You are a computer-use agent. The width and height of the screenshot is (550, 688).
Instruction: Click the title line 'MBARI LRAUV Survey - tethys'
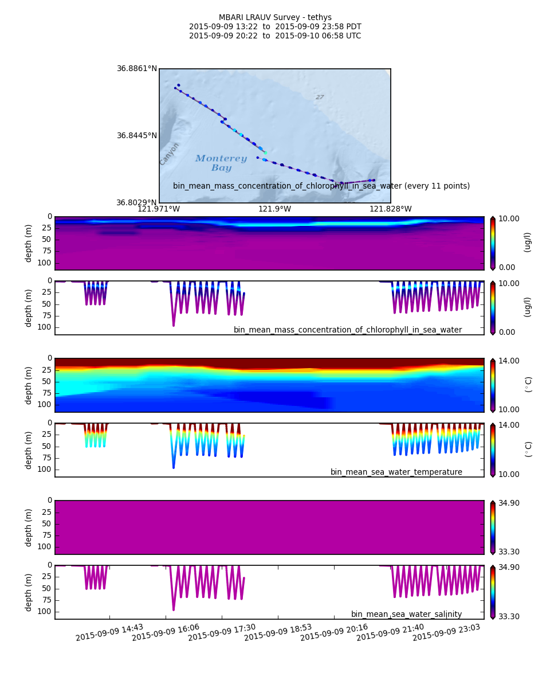[275, 18]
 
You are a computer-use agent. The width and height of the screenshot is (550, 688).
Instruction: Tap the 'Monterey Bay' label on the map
[221, 163]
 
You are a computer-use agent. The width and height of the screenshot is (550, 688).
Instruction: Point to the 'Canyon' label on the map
[170, 154]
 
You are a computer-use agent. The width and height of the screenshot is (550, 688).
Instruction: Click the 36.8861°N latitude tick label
[137, 69]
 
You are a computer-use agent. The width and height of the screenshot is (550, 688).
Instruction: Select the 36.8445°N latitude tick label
[137, 136]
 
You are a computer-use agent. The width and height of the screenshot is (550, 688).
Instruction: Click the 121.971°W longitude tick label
[159, 209]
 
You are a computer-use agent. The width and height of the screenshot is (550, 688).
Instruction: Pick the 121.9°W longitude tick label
[274, 209]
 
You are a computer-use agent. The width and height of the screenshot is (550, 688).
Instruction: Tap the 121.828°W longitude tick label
[390, 209]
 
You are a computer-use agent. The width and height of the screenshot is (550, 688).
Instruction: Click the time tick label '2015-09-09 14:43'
[109, 632]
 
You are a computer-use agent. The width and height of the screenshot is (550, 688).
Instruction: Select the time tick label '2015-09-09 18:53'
[278, 632]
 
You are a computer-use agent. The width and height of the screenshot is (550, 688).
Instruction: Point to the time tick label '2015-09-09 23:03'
[446, 632]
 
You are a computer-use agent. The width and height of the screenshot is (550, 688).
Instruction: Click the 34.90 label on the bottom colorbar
[509, 568]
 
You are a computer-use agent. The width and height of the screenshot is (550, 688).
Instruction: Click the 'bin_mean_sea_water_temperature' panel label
[396, 472]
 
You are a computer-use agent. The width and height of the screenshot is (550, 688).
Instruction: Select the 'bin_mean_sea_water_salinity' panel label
[406, 615]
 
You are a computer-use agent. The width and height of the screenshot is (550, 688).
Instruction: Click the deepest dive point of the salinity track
[174, 609]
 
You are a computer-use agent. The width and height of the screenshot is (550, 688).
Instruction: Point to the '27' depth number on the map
[320, 97]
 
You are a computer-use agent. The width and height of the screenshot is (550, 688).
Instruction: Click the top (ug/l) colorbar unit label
[528, 242]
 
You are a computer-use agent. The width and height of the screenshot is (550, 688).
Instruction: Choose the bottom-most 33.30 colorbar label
[509, 616]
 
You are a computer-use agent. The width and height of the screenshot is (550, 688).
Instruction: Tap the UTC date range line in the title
[275, 36]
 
